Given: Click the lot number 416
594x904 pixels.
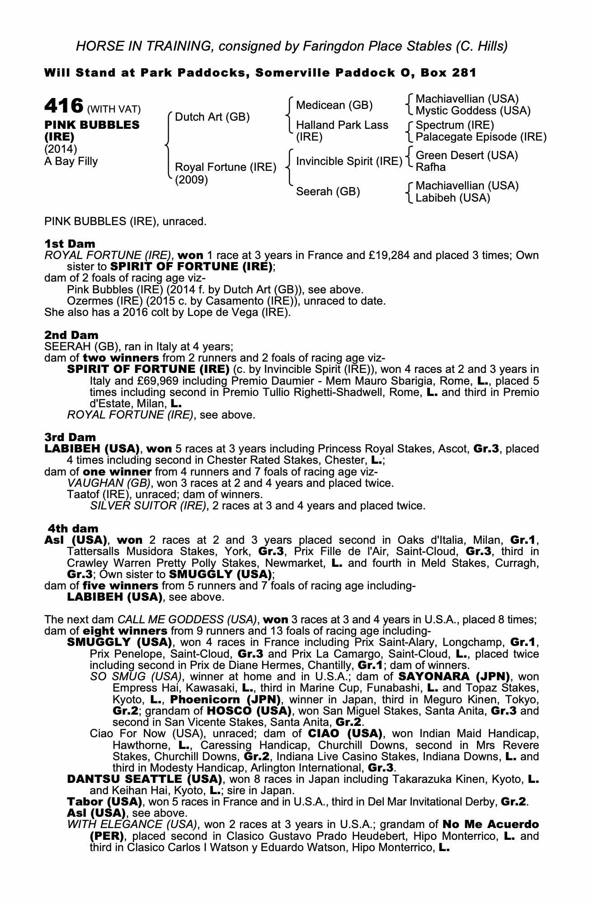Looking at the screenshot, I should pyautogui.click(x=63, y=106).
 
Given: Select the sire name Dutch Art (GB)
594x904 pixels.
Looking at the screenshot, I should pyautogui.click(x=212, y=117).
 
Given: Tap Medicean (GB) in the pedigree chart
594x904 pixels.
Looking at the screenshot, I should pyautogui.click(x=334, y=105).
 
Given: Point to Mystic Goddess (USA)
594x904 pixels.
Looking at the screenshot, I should pyautogui.click(x=473, y=111).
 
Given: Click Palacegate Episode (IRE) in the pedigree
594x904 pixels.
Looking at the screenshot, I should pyautogui.click(x=481, y=137).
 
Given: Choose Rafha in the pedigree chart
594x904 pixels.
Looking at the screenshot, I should pyautogui.click(x=430, y=167).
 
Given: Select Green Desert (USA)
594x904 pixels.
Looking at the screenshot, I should pyautogui.click(x=467, y=155).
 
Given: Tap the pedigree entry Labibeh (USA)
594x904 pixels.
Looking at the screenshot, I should pyautogui.click(x=453, y=198).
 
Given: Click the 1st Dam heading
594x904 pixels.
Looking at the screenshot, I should pyautogui.click(x=70, y=244).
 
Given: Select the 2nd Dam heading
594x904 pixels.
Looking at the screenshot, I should pyautogui.click(x=71, y=335).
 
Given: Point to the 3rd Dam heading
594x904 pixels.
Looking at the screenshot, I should pyautogui.click(x=70, y=438).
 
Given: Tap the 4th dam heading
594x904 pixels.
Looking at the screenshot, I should pyautogui.click(x=73, y=528).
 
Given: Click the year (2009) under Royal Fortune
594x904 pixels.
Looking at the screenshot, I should pyautogui.click(x=191, y=180).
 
